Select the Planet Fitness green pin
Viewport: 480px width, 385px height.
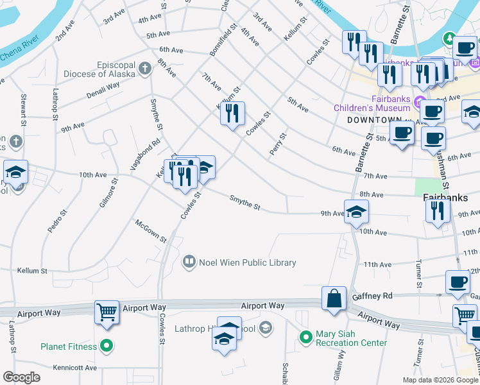(x=107, y=346)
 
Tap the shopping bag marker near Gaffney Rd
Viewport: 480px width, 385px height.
(x=334, y=299)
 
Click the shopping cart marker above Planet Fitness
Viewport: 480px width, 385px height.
(x=107, y=312)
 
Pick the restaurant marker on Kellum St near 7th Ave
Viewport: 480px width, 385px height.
(x=232, y=114)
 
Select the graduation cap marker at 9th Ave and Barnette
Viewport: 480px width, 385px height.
(x=356, y=212)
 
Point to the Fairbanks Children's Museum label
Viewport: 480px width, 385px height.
(x=372, y=103)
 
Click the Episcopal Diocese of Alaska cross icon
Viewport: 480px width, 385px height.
(x=145, y=66)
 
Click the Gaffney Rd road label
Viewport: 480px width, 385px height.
(x=372, y=296)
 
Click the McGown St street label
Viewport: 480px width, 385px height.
(x=150, y=231)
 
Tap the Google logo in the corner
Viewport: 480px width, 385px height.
(x=22, y=377)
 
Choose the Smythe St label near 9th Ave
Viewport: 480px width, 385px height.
(x=245, y=203)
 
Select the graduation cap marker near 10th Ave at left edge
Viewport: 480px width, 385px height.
(x=15, y=172)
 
